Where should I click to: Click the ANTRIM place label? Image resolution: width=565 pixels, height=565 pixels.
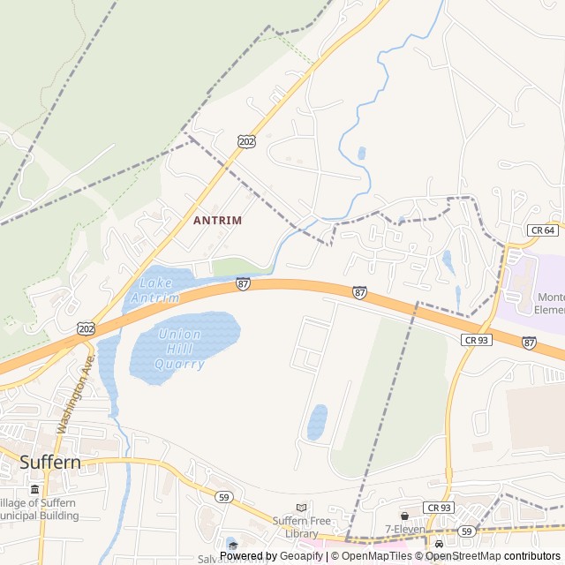(217, 219)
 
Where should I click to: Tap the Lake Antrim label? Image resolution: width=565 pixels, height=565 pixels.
(155, 290)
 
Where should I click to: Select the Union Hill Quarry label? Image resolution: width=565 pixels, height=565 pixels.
(179, 349)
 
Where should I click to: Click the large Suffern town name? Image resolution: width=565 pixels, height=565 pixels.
(49, 462)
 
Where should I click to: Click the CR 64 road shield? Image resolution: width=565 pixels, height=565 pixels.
(543, 230)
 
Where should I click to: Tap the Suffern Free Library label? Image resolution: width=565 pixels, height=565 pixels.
(296, 527)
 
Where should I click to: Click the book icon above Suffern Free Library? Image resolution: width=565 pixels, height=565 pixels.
(302, 508)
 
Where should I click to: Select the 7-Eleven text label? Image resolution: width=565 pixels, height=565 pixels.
(404, 529)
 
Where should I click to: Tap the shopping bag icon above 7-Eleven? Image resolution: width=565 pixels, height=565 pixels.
(404, 516)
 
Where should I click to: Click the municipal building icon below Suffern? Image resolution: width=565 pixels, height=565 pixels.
(34, 489)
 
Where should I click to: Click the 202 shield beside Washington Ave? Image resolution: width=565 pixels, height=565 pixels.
(86, 328)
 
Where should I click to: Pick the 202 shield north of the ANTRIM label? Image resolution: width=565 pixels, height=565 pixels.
(246, 141)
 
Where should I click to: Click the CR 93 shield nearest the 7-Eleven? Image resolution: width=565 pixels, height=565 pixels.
(438, 508)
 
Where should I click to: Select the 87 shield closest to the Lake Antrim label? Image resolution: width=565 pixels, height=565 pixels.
(243, 283)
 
